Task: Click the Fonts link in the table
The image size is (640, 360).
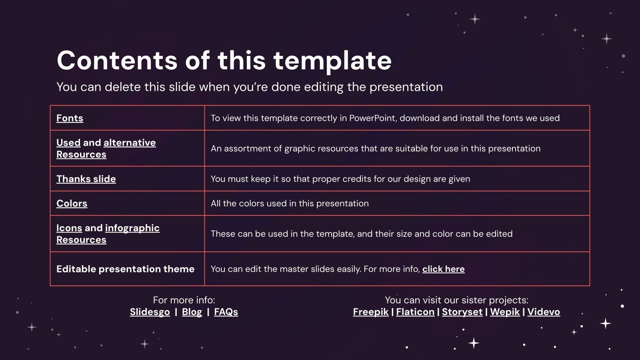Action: [x=70, y=118]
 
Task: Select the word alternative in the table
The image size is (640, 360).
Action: [x=130, y=143]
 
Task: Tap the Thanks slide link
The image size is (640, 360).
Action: [x=86, y=179]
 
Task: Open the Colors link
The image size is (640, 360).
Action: [x=72, y=203]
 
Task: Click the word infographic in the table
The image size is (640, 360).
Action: [x=132, y=228]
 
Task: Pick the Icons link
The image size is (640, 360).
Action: [x=69, y=228]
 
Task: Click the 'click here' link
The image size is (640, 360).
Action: [x=443, y=269]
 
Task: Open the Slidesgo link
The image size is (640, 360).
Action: [x=150, y=312]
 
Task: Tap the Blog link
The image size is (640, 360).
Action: [x=192, y=312]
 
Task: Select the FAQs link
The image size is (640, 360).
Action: [x=226, y=312]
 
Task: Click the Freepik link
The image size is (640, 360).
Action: [x=370, y=312]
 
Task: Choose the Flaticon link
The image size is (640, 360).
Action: [x=415, y=312]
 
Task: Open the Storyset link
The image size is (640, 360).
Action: [x=462, y=312]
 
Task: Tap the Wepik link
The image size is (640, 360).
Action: [x=505, y=312]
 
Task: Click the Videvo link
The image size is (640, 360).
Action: [x=544, y=312]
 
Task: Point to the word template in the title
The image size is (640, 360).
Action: [x=332, y=60]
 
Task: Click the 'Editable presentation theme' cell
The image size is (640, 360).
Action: [x=125, y=269]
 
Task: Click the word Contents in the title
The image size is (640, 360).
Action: [x=117, y=60]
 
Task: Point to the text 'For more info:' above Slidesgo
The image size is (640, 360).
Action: [x=184, y=300]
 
